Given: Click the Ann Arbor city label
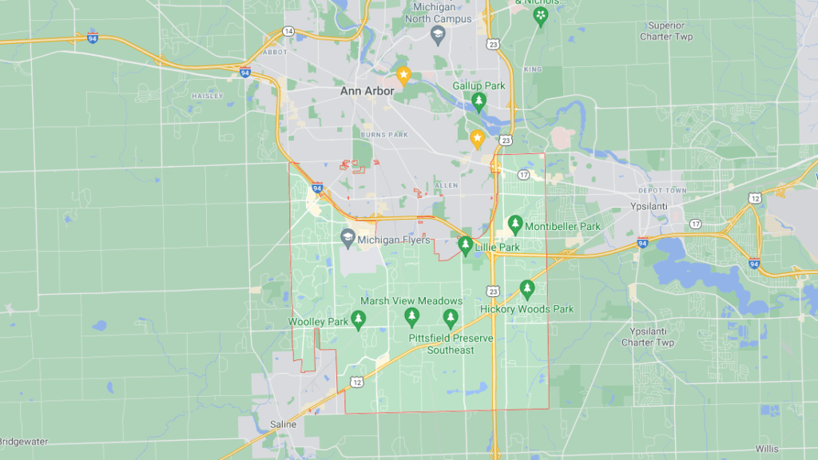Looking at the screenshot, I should pyautogui.click(x=367, y=91).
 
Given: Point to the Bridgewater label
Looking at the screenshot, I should pyautogui.click(x=24, y=441).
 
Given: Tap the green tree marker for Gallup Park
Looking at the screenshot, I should pyautogui.click(x=478, y=101).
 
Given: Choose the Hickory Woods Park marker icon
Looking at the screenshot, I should pyautogui.click(x=526, y=287).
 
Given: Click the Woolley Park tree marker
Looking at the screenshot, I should pyautogui.click(x=359, y=320).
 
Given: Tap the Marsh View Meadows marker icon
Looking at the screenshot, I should pyautogui.click(x=412, y=315).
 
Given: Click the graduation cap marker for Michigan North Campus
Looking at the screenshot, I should pyautogui.click(x=438, y=35).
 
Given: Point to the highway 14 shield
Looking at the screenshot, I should pyautogui.click(x=288, y=31).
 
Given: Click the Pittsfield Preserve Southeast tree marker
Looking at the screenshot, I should pyautogui.click(x=451, y=319).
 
